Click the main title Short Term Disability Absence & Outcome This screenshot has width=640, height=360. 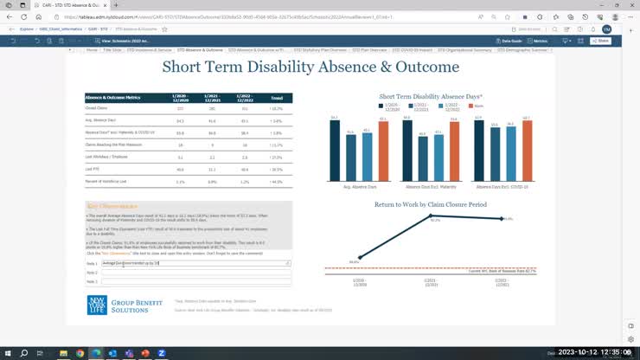pyautogui.click(x=310, y=67)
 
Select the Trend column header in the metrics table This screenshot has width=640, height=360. pyautogui.click(x=276, y=98)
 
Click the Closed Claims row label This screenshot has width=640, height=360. pyautogui.click(x=95, y=109)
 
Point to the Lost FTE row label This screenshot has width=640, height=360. pyautogui.click(x=93, y=170)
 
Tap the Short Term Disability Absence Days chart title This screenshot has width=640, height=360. pyautogui.click(x=431, y=96)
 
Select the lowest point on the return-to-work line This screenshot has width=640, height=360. pyautogui.click(x=355, y=259)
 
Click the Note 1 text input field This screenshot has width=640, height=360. pyautogui.click(x=195, y=262)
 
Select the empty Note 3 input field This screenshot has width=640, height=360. pyautogui.click(x=195, y=281)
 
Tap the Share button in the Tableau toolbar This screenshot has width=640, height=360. pyautogui.click(x=600, y=41)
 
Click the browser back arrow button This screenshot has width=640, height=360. pyautogui.click(x=10, y=16)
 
